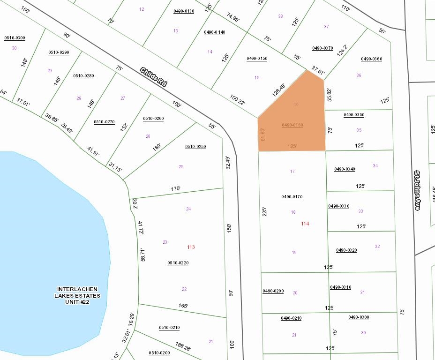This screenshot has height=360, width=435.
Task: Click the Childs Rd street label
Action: (154, 77)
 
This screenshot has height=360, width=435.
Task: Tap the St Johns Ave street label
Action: (416, 190)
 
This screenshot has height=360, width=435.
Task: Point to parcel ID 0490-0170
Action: (292, 197)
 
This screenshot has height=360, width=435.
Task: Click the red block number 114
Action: (305, 224)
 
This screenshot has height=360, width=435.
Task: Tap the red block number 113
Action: (191, 247)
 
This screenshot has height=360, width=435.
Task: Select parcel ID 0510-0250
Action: (195, 147)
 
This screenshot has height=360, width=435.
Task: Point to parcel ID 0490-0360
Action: (371, 59)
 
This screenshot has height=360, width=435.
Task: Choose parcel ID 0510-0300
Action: (15, 38)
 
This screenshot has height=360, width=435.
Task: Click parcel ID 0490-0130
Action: (184, 11)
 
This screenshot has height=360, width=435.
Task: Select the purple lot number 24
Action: (188, 209)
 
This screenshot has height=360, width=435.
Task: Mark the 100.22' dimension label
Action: (238, 99)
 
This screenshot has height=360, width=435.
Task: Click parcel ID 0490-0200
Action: (273, 291)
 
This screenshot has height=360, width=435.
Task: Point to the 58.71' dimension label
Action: (142, 255)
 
